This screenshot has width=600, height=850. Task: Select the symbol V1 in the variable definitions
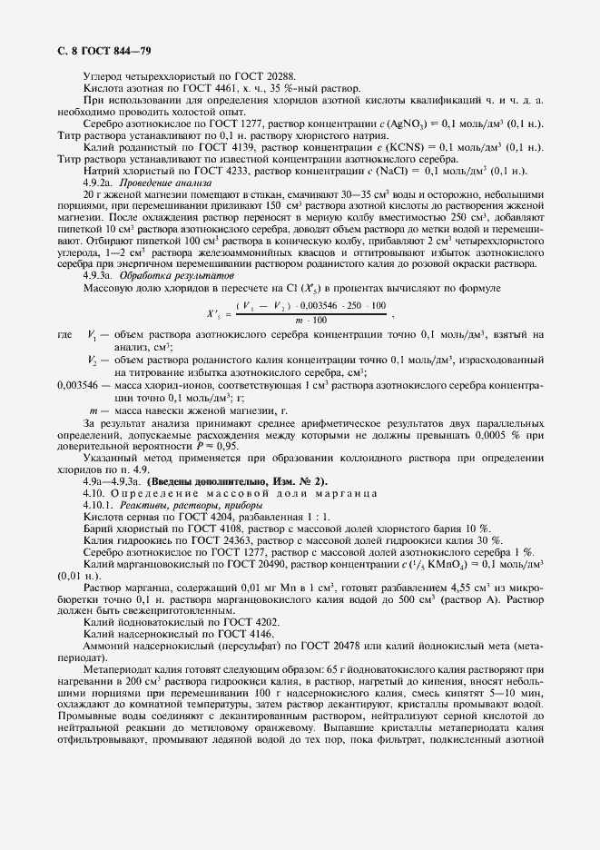[x=93, y=335]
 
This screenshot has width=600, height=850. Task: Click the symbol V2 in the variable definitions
[x=93, y=361]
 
